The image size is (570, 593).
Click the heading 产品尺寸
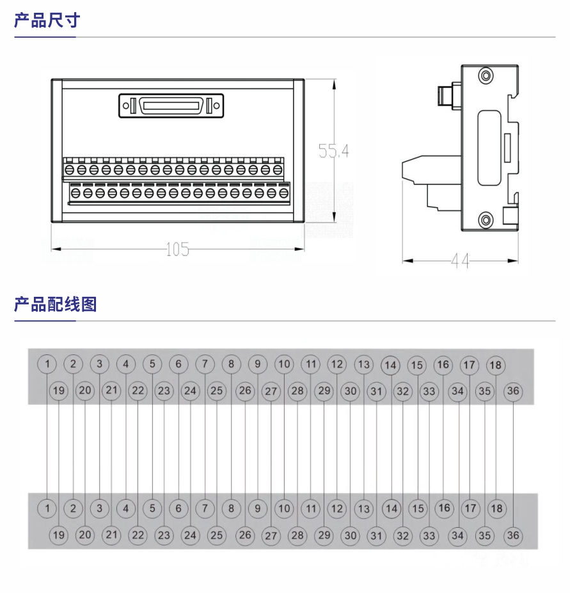tap(47, 20)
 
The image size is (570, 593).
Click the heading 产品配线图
tap(55, 304)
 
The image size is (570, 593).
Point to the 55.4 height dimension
tap(334, 151)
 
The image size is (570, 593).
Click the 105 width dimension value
tap(177, 249)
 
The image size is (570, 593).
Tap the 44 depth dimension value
tap(460, 261)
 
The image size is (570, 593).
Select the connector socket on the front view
tap(171, 106)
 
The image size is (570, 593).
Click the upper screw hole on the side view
tap(486, 76)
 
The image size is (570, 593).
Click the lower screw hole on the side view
tap(486, 221)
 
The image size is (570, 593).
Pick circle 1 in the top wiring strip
tap(47, 364)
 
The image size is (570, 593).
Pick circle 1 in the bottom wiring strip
tap(47, 509)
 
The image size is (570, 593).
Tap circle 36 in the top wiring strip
tap(513, 390)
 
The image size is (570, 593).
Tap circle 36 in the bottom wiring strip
tap(513, 535)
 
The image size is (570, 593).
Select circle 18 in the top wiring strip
tap(496, 365)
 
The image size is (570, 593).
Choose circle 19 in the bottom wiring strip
tap(59, 535)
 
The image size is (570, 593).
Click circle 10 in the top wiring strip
tap(284, 364)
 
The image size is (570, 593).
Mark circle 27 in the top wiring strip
tap(271, 391)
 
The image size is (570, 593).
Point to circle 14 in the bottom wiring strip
tap(391, 509)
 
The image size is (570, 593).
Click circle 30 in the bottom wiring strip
tap(350, 535)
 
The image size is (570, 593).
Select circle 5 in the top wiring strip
tap(152, 364)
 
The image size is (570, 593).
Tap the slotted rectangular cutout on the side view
tap(489, 148)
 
